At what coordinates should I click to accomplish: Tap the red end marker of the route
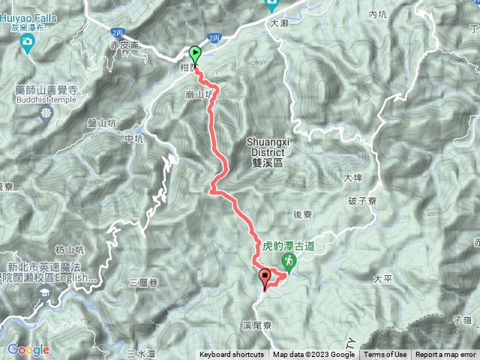pyautogui.click(x=265, y=279)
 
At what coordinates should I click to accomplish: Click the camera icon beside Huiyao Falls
pyautogui.click(x=28, y=44)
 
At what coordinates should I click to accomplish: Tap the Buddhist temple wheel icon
pyautogui.click(x=47, y=113)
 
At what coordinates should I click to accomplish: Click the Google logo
pyautogui.click(x=28, y=349)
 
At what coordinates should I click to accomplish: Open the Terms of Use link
pyautogui.click(x=385, y=355)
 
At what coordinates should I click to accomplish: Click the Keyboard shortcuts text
pyautogui.click(x=231, y=355)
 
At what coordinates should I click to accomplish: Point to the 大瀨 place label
pyautogui.click(x=278, y=23)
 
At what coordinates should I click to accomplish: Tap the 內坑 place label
pyautogui.click(x=376, y=14)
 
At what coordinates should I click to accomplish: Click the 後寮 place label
pyautogui.click(x=302, y=214)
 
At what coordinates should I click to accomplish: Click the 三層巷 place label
pyautogui.click(x=142, y=283)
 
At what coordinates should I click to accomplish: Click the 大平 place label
pyautogui.click(x=382, y=279)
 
